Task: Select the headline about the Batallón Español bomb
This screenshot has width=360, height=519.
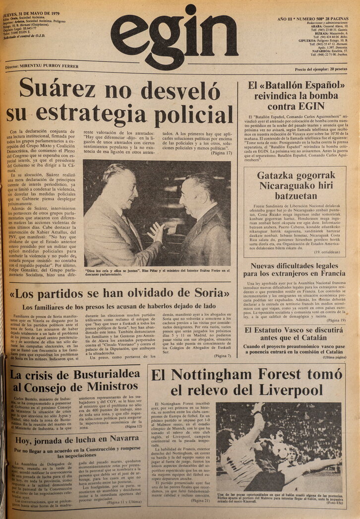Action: (297, 95)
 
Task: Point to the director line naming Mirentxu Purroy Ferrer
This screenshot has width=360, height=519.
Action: (43, 66)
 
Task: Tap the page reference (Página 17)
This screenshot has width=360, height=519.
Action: (220, 153)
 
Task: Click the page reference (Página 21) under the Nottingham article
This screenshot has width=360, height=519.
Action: (200, 500)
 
